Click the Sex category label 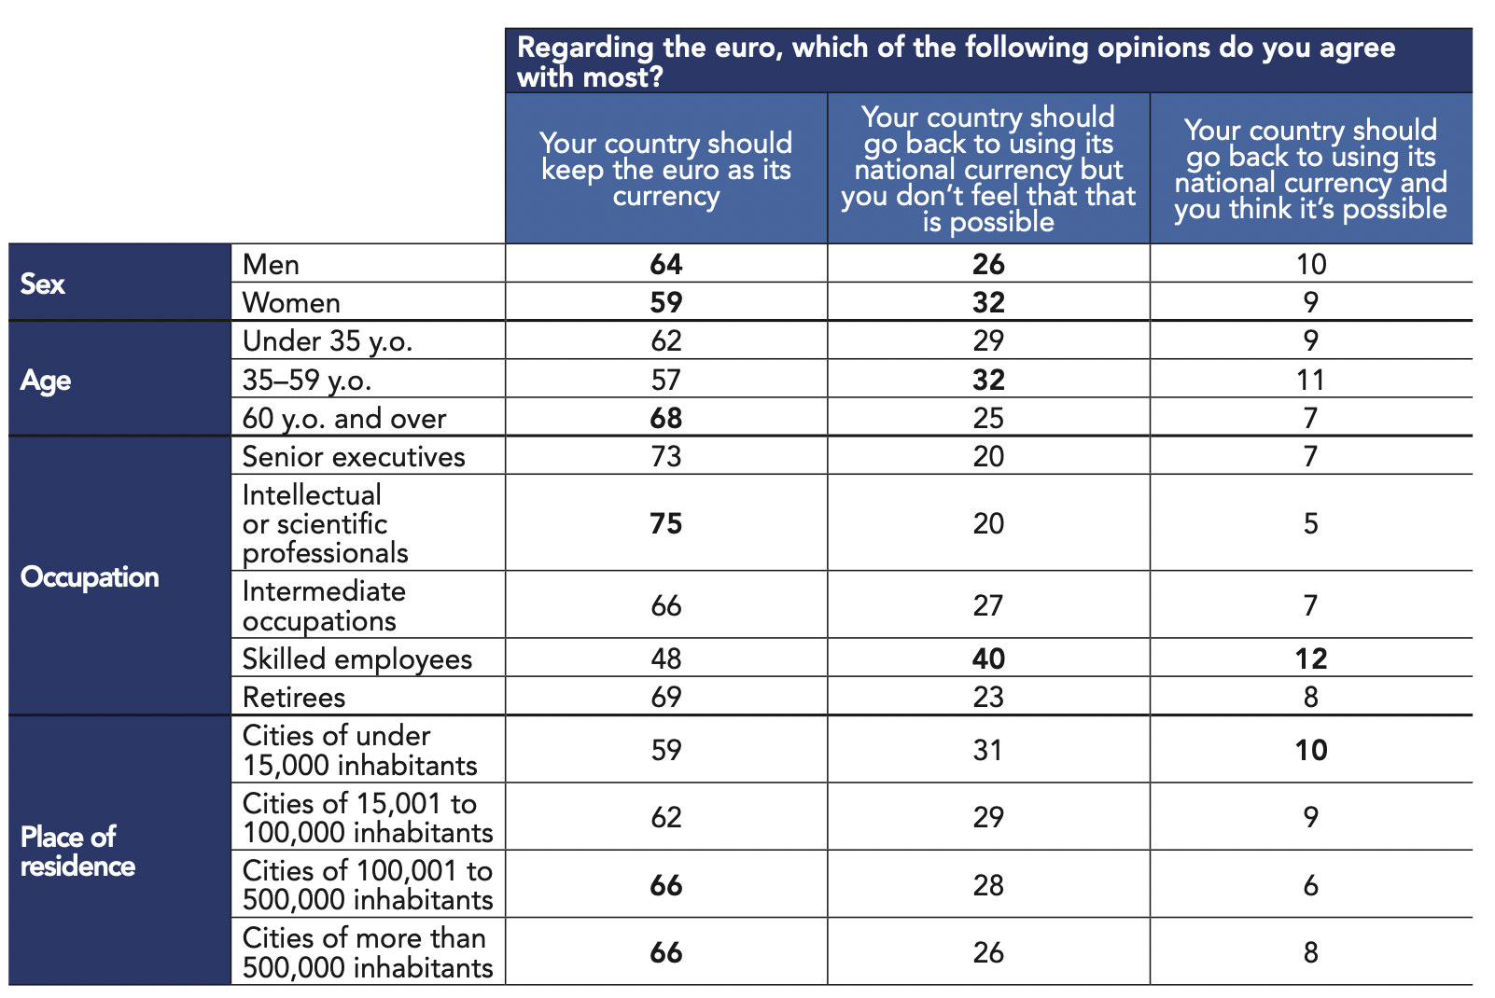tap(43, 284)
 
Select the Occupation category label tap(90, 577)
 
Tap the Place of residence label tap(77, 852)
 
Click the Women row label tap(291, 303)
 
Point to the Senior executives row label tap(354, 457)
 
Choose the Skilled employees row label tap(357, 659)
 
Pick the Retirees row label tap(294, 698)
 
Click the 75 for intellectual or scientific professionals tap(666, 524)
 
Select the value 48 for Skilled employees tap(666, 659)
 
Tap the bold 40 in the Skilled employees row tap(988, 659)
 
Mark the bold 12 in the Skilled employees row tap(1311, 659)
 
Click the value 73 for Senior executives tap(666, 457)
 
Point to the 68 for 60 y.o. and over tap(666, 418)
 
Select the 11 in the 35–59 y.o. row tap(1311, 380)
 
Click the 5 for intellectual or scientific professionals tap(1311, 524)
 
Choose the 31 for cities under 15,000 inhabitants tap(988, 750)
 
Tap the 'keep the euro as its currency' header tap(666, 170)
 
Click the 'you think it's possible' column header tap(1311, 170)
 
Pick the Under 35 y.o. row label tap(328, 341)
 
